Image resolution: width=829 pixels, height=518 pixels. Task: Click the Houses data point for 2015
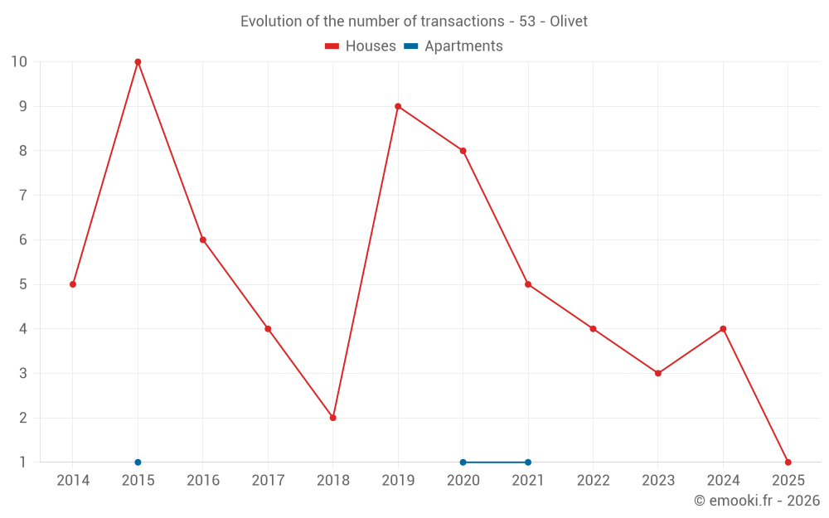(x=138, y=62)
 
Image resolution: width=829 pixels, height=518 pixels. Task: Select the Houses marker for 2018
(x=332, y=418)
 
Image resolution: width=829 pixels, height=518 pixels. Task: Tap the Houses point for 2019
(x=398, y=106)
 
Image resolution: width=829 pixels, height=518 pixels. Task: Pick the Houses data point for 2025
(x=788, y=462)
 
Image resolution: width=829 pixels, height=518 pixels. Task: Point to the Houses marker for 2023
(x=658, y=373)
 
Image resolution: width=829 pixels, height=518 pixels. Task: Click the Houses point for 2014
(x=73, y=284)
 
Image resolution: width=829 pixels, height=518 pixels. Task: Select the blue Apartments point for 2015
(x=138, y=462)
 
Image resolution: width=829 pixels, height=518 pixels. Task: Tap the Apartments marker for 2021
(x=528, y=462)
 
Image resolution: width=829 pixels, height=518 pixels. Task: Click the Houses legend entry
(x=361, y=46)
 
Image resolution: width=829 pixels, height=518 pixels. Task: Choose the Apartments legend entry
(x=453, y=46)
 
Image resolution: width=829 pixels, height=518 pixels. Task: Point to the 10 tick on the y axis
(x=19, y=62)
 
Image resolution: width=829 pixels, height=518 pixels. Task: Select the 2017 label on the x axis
(x=268, y=481)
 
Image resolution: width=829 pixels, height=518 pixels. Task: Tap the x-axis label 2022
(x=593, y=481)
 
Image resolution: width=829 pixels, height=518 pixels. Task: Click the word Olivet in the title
(x=569, y=22)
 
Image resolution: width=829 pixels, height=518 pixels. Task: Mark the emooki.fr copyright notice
(x=757, y=501)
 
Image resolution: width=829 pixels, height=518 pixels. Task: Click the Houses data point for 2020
(x=463, y=151)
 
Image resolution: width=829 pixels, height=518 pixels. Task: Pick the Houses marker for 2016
(x=203, y=240)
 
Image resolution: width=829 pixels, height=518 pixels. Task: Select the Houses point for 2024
(x=723, y=329)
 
